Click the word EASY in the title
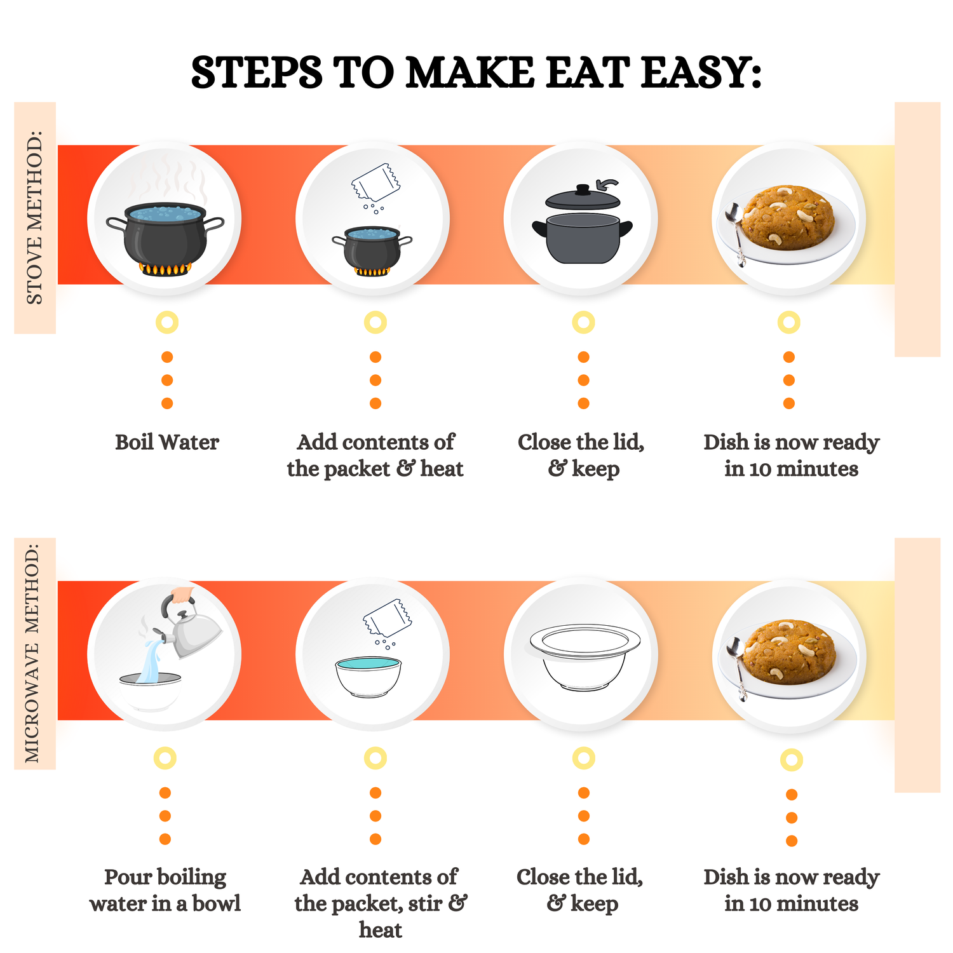(701, 72)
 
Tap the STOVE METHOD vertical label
(34, 218)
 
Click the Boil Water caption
(167, 442)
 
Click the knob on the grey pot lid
(583, 189)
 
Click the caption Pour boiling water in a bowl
(165, 890)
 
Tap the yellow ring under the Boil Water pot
(167, 323)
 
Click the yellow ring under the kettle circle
(165, 758)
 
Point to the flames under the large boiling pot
(165, 269)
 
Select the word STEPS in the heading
(257, 72)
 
